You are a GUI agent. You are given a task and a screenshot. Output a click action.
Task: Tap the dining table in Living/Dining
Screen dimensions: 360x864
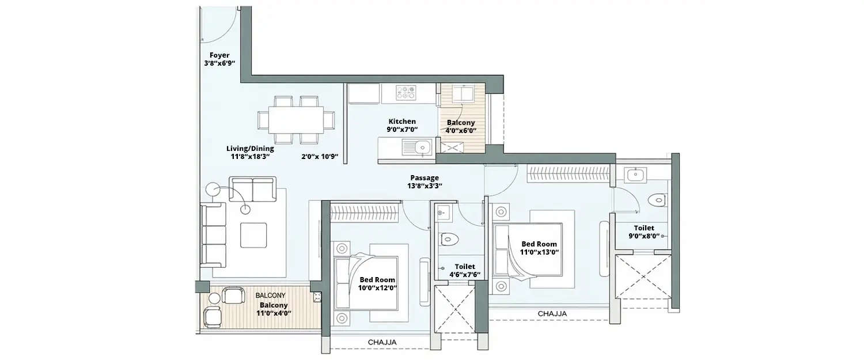coord(296,120)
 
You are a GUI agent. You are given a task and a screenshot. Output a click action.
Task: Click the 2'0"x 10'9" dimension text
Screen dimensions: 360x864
coord(320,156)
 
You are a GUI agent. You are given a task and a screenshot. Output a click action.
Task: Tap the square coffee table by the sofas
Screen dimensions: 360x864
coord(253,234)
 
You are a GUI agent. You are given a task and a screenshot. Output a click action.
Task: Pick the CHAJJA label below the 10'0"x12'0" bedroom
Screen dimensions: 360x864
coord(382,343)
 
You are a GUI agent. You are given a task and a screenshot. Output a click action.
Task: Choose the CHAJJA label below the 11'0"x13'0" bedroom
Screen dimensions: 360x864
coord(552,313)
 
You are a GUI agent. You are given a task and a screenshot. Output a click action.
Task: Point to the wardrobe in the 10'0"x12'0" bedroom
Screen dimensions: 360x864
coord(365,212)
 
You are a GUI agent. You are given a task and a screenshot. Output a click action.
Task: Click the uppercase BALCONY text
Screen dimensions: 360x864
coord(270,295)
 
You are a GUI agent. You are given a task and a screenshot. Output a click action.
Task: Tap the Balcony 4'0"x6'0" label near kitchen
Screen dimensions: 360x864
coord(461,126)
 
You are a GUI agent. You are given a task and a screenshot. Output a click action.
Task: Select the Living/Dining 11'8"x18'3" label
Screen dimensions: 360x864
coord(250,152)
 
